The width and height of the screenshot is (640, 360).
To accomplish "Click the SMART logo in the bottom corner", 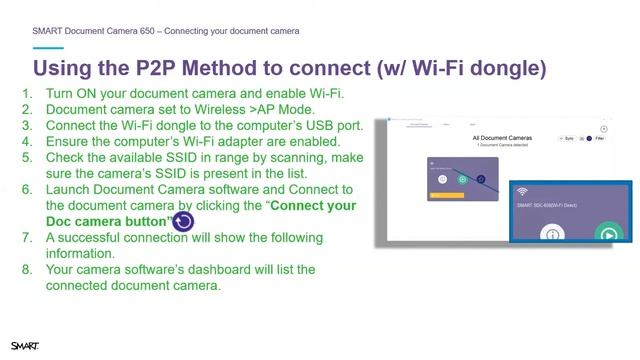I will coord(25,346).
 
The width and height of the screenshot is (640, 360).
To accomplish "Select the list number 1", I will coord(27,94).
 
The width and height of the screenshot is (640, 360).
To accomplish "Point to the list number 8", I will coord(27,270).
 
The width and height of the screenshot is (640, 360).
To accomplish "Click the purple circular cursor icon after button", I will coord(183,222).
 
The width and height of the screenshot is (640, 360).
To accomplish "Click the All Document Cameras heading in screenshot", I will coord(502,137).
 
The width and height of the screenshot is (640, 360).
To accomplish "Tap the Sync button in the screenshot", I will coord(568,139).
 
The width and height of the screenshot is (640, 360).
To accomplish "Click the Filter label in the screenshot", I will coord(599,139).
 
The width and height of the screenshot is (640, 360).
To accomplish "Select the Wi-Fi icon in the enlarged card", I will coord(522,191).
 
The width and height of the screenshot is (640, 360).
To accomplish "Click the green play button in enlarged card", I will coord(607,234).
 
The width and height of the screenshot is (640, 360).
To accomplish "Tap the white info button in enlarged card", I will coord(553,235).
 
